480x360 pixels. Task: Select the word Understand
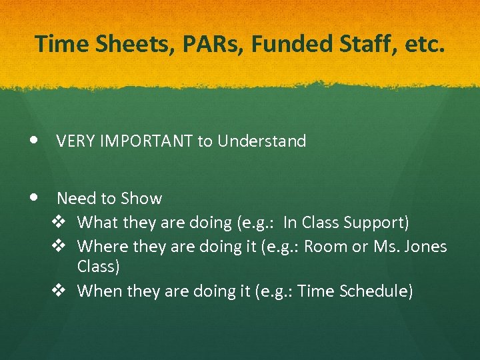pos(261,141)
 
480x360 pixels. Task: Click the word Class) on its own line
pos(99,267)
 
